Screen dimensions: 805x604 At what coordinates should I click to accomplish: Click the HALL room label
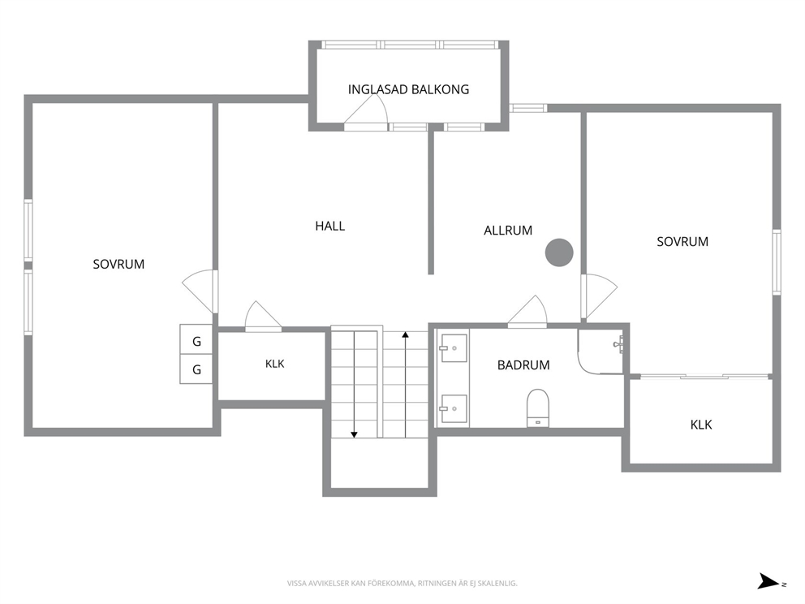[330, 226]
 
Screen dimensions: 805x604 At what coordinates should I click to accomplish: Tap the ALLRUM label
[508, 231]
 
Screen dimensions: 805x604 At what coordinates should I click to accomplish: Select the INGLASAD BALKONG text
[408, 89]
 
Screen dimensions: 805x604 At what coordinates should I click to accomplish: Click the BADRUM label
[523, 365]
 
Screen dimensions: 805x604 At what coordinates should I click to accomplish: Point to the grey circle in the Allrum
[559, 252]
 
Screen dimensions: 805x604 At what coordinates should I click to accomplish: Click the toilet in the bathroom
[537, 408]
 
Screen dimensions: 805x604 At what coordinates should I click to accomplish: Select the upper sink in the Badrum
[454, 348]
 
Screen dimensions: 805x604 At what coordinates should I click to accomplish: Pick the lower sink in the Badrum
[454, 409]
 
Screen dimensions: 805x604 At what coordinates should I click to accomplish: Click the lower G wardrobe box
[196, 369]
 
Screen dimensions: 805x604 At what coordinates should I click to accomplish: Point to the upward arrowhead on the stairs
[405, 334]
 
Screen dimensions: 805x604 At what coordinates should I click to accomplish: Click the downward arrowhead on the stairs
[354, 435]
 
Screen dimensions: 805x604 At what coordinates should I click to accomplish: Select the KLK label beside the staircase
[274, 365]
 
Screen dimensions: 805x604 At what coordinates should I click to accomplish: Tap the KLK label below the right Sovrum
[701, 425]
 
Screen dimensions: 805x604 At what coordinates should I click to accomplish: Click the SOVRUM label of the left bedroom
[118, 265]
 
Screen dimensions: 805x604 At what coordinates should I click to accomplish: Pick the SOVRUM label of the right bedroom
[682, 242]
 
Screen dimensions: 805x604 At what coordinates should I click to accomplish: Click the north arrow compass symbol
[769, 581]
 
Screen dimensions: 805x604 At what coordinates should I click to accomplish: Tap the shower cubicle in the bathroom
[601, 351]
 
